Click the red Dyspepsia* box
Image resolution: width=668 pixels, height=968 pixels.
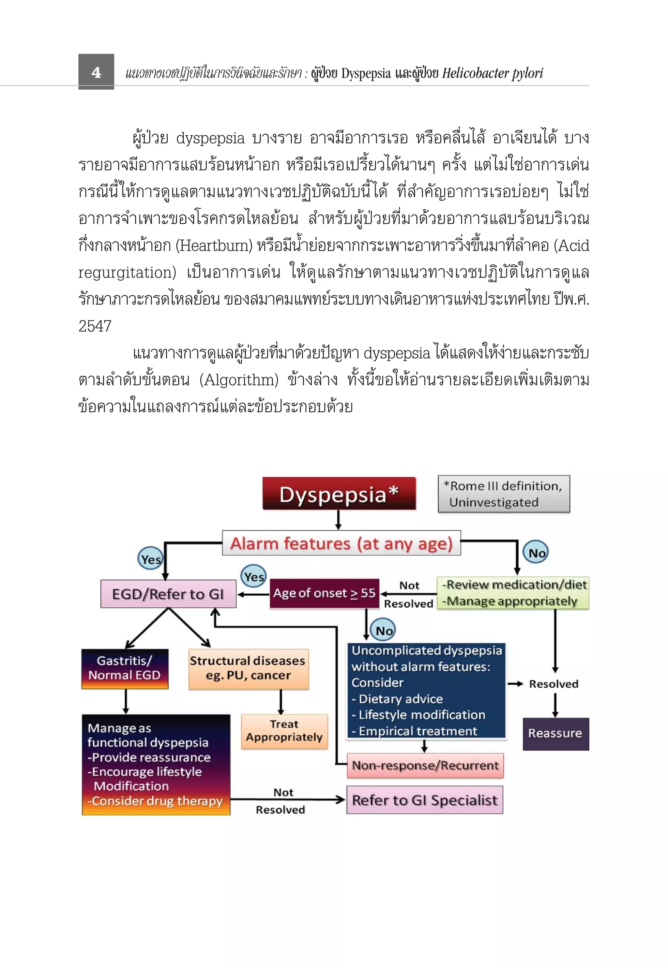339,494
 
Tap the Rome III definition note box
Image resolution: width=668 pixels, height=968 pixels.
504,494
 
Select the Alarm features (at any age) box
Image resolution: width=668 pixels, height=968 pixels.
341,543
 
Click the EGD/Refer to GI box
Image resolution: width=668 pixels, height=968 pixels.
168,594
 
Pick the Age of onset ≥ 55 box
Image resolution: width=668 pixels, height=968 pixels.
324,593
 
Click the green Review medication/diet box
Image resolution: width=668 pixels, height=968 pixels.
513,593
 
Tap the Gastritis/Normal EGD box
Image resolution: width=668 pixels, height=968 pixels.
125,668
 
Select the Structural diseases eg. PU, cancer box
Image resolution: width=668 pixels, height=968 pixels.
248,668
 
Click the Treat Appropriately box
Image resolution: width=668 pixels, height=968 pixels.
284,731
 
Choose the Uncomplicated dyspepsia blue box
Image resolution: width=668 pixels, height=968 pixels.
426,690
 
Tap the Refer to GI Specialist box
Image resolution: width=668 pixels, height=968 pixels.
424,800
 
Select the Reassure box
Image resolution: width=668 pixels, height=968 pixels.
555,733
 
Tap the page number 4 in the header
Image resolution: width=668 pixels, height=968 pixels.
96,72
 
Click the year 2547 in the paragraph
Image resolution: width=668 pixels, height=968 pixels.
95,326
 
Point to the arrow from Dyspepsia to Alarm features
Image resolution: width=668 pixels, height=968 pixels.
338,520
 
